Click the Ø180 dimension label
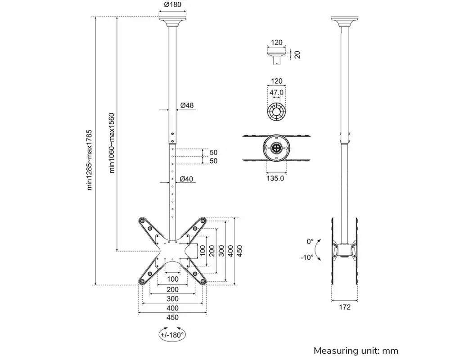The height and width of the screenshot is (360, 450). [x=172, y=4]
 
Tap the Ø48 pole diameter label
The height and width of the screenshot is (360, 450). [x=187, y=105]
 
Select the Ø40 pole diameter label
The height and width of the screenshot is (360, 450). [x=186, y=179]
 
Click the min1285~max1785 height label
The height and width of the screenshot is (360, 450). [x=90, y=160]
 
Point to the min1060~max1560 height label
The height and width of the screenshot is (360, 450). [x=112, y=143]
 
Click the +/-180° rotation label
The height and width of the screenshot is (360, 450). [x=172, y=335]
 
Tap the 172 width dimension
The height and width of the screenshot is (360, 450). [x=345, y=307]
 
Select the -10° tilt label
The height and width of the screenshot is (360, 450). [x=307, y=257]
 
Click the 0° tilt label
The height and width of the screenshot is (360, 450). [x=310, y=242]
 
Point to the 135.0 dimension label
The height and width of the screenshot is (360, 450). [x=275, y=178]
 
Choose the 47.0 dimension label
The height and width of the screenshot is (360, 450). [x=276, y=92]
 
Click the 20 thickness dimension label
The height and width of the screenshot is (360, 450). [x=297, y=54]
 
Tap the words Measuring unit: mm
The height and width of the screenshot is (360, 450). [x=356, y=351]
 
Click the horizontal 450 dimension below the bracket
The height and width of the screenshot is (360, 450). [x=172, y=318]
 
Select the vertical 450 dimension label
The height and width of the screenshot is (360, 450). [x=240, y=251]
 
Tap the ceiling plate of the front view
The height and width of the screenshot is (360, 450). [x=172, y=22]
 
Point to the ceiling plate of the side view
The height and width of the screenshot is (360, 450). [x=344, y=22]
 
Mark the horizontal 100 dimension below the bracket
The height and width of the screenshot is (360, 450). [x=172, y=279]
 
